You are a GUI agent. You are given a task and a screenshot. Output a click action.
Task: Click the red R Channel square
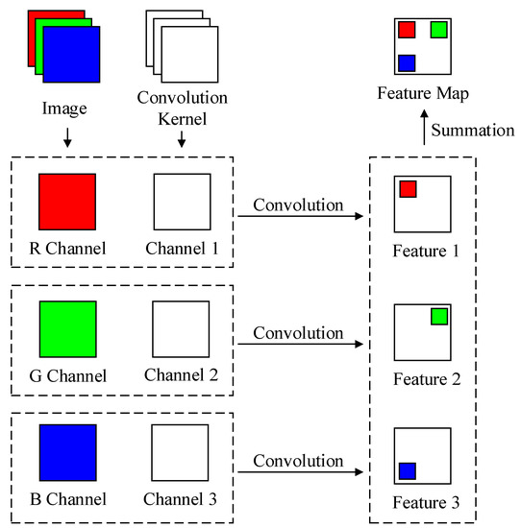coord(67,202)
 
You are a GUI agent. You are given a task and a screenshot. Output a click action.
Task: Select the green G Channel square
coord(67,329)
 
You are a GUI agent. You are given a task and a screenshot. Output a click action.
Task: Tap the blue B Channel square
coord(67,453)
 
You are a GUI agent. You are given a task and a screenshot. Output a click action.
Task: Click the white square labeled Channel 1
coord(182,202)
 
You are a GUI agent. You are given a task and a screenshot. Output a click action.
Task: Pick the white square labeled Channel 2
coord(182,329)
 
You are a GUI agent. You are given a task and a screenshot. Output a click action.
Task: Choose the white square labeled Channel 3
coord(182,453)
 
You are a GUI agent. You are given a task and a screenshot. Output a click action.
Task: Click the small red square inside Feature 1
coord(408,189)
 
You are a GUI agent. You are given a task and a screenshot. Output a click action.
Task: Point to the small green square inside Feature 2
coord(439,316)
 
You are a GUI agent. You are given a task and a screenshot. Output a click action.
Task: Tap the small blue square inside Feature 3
coord(407,470)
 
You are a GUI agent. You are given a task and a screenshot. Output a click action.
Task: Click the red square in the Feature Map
coord(407,30)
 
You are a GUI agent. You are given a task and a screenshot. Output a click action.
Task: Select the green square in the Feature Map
coord(438,30)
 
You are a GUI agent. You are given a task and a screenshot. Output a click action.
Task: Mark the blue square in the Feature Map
coord(407,62)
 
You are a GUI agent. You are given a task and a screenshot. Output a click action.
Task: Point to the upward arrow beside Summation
coord(424,130)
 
